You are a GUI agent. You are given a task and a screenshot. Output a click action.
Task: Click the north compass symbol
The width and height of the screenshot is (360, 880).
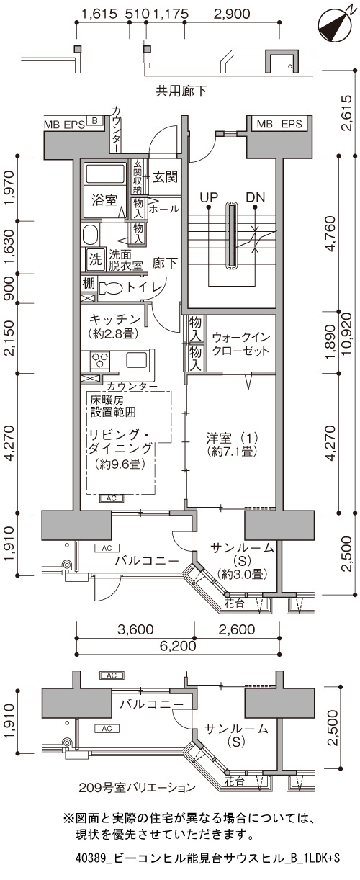(335, 25)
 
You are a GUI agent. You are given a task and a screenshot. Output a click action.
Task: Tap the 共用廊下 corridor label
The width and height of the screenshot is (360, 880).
(181, 91)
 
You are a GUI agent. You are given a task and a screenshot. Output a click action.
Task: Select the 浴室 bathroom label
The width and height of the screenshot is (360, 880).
(104, 200)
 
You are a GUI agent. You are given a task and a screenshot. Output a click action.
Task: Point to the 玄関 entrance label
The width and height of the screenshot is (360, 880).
(165, 178)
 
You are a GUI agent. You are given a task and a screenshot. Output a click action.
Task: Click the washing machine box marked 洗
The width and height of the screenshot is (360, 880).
(95, 259)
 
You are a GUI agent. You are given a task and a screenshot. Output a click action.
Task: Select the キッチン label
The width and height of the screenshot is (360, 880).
(114, 318)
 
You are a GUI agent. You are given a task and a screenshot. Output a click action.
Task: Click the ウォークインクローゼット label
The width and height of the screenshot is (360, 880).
(240, 344)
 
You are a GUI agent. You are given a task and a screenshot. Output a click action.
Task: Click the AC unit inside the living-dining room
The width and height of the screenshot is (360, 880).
(112, 498)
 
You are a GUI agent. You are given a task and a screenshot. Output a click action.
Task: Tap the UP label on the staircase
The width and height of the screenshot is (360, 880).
(209, 197)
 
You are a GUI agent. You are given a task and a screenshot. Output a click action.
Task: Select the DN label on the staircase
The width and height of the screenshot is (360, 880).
(255, 197)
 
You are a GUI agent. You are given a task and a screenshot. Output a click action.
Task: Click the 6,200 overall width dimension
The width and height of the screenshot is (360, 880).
(179, 645)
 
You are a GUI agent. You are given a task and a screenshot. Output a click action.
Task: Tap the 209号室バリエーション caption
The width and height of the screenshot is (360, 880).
(137, 787)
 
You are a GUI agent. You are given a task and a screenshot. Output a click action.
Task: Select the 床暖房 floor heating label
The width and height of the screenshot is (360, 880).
(107, 400)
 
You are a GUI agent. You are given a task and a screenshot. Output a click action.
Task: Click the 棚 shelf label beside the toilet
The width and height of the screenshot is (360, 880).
(89, 284)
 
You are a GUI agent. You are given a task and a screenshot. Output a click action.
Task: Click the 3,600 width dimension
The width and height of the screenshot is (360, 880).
(136, 629)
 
